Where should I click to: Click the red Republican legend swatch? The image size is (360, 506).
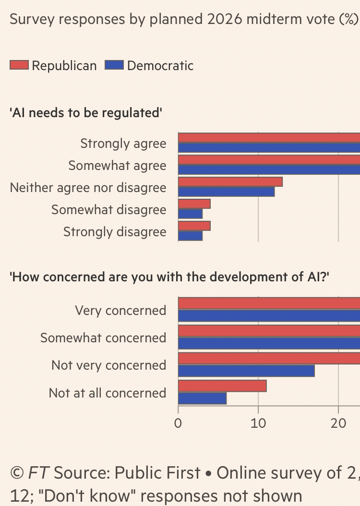point(19,65)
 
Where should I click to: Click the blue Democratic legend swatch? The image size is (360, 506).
point(114,65)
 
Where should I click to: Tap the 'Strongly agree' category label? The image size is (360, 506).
point(123,144)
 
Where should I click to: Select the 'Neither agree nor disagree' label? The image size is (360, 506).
point(88,188)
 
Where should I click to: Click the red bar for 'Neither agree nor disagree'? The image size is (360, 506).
point(230,182)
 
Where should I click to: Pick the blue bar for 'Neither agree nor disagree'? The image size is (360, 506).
point(226,192)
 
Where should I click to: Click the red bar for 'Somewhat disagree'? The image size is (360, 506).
point(194,204)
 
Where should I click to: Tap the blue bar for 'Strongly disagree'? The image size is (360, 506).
point(190,236)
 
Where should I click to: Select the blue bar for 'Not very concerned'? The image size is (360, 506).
point(246,371)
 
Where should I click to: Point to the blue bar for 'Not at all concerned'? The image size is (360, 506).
point(202,398)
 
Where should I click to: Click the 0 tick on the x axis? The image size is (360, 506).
point(178,423)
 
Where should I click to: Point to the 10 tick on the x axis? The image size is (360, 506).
point(258,423)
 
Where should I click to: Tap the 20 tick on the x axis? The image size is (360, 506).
point(339,423)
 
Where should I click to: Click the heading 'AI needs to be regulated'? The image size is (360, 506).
point(86,113)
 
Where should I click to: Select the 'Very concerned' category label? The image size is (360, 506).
point(120,311)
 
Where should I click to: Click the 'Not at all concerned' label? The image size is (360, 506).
point(108,393)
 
